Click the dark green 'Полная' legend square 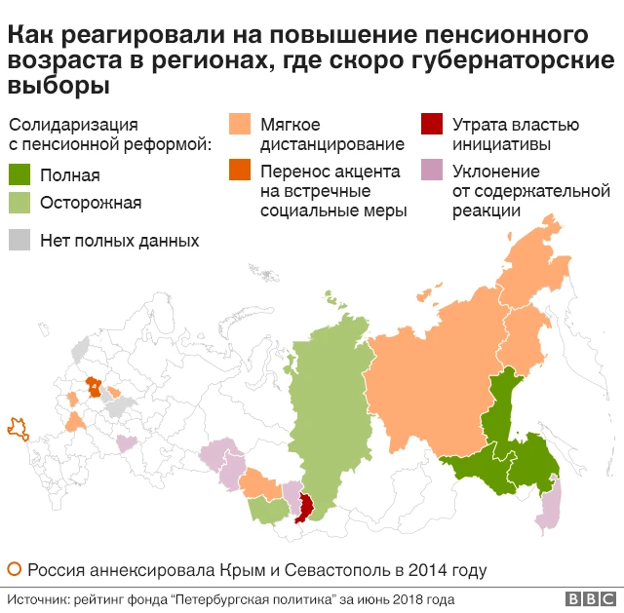click(x=19, y=175)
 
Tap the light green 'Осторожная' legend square click(x=19, y=203)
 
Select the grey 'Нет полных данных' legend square click(x=19, y=240)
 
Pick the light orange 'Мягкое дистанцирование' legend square click(x=239, y=125)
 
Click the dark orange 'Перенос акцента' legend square click(x=239, y=172)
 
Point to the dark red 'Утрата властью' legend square click(x=430, y=125)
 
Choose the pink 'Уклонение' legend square click(x=430, y=172)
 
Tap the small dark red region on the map click(x=305, y=507)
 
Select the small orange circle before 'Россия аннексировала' click(x=14, y=569)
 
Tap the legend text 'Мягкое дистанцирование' click(x=317, y=134)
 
